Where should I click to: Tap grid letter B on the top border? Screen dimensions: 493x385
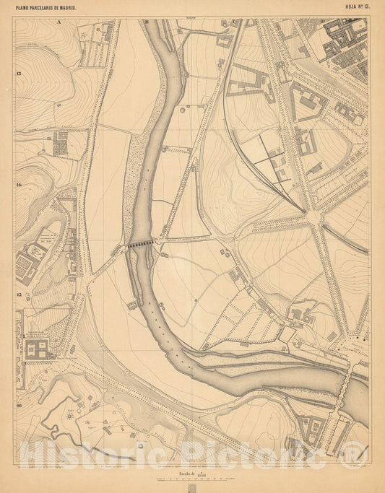point(147,22)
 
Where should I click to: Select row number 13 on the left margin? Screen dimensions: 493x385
point(18,74)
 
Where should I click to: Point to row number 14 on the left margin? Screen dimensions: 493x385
point(18,185)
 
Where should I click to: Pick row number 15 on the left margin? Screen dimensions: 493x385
point(18,295)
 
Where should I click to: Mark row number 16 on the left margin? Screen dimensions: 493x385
point(18,406)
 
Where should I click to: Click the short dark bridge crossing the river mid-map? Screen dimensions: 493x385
point(142,245)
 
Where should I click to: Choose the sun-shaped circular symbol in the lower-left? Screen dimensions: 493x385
point(71,415)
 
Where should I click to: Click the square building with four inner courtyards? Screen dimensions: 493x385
point(38,350)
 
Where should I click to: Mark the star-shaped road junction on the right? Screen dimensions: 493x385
point(315,215)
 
